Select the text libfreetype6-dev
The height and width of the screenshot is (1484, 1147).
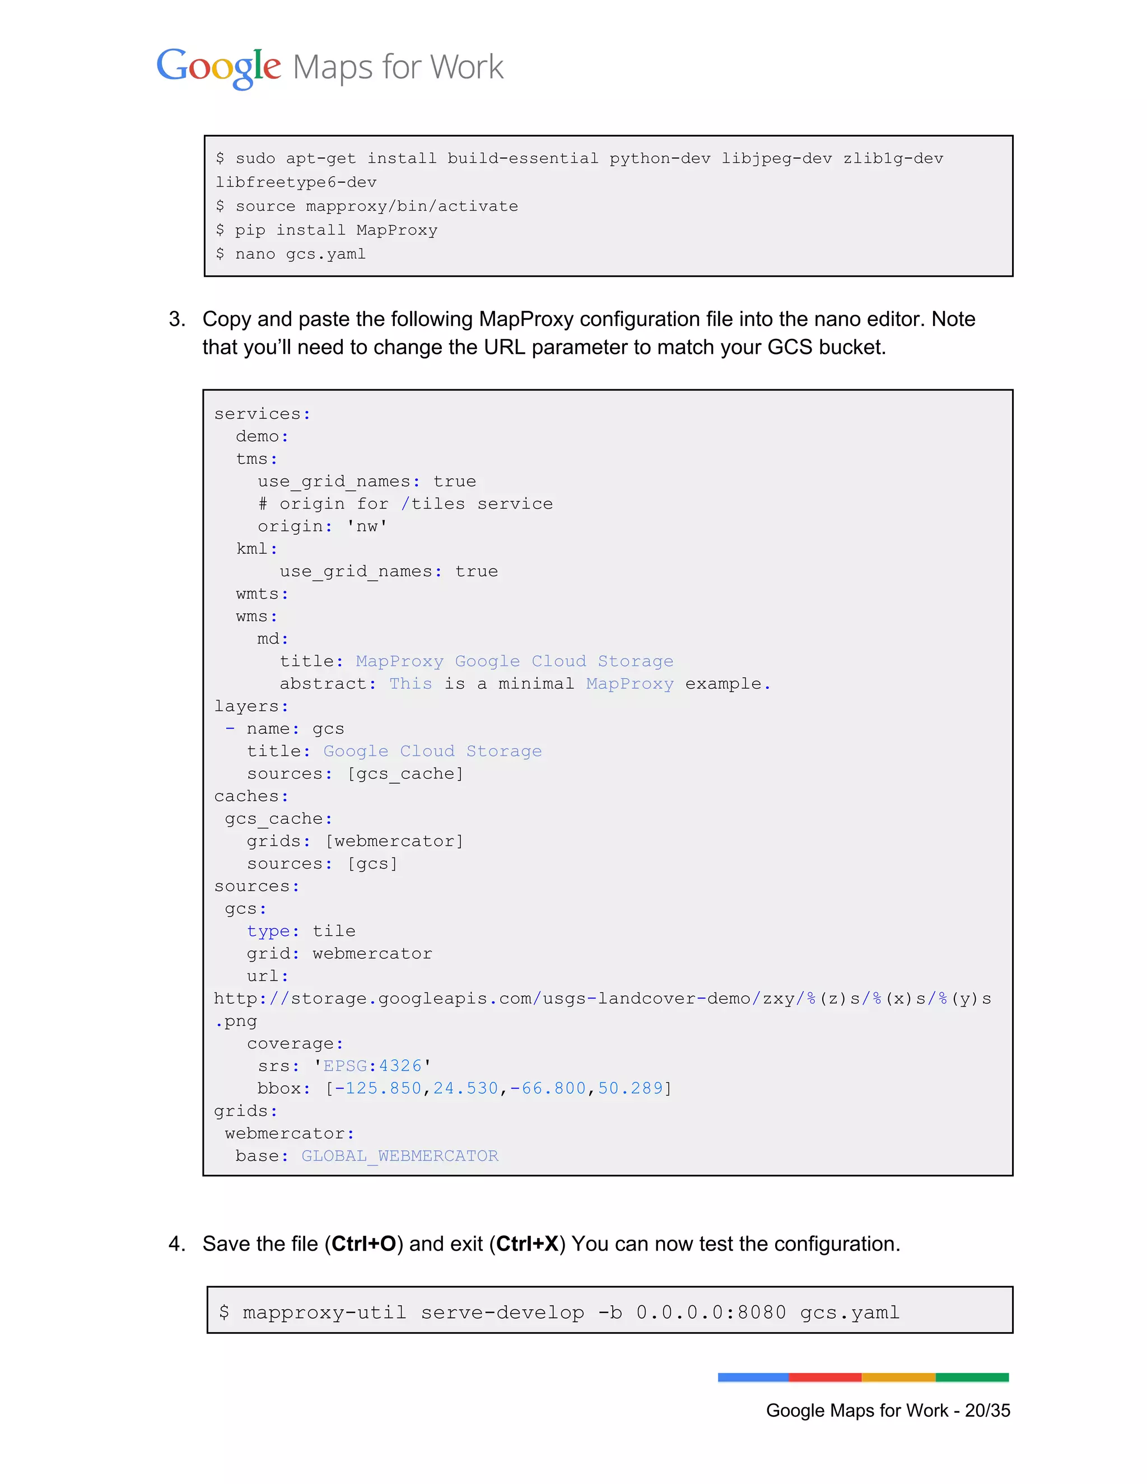coord(296,182)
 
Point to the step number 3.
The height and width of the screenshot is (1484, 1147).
coord(176,319)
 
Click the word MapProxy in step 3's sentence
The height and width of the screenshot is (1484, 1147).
coord(526,319)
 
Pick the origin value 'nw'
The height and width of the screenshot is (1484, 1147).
coord(367,526)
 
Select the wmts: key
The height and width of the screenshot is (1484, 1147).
coord(262,594)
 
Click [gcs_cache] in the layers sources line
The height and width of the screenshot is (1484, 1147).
coord(405,773)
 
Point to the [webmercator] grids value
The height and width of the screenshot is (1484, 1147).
coord(394,841)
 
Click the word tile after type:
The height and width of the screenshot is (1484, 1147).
coord(334,931)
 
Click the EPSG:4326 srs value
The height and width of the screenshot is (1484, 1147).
coord(372,1066)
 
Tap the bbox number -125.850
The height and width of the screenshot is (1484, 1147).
coord(379,1088)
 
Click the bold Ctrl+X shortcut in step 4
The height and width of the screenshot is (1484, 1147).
coord(527,1243)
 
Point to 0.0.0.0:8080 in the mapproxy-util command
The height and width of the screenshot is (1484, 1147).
coord(711,1312)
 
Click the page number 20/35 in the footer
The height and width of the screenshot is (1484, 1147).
coord(987,1411)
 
